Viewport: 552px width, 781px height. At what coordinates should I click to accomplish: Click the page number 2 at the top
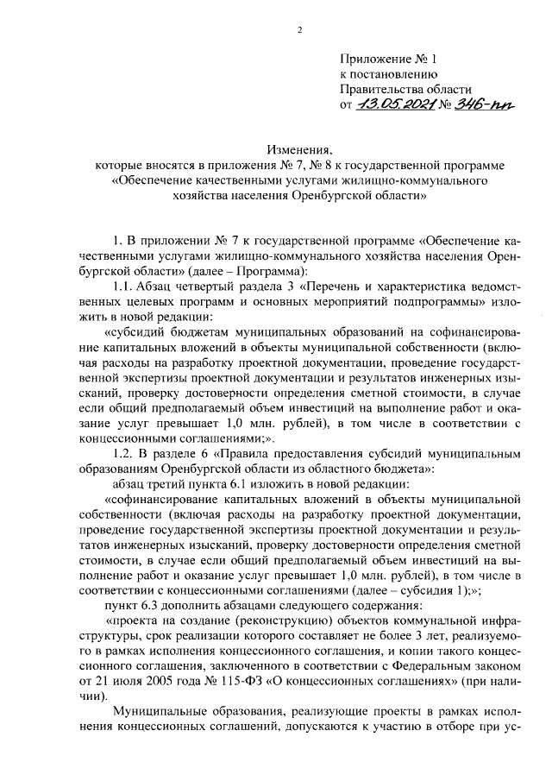point(299,32)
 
